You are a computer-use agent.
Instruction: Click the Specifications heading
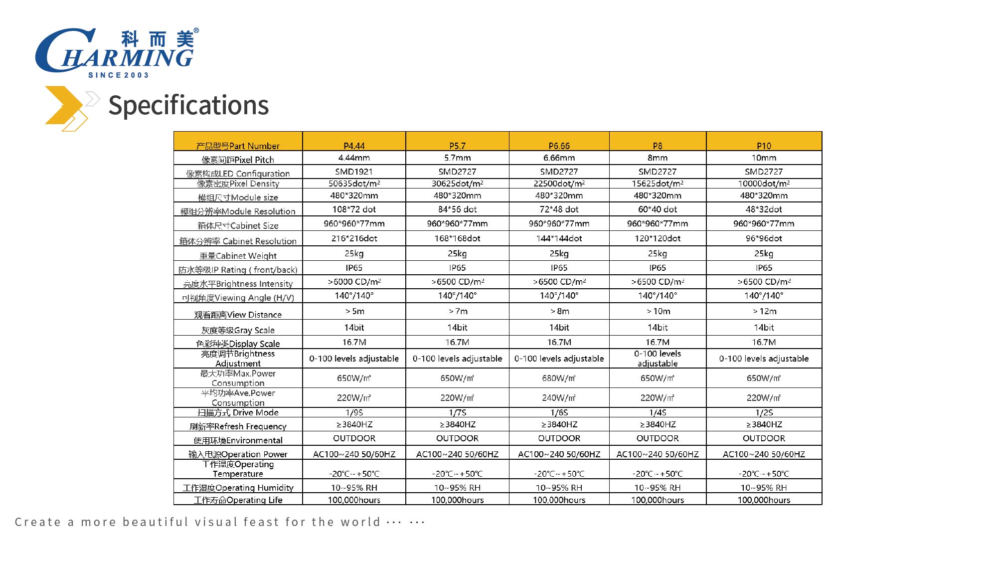(188, 105)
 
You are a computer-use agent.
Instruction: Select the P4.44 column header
(354, 146)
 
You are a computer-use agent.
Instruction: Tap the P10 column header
(764, 146)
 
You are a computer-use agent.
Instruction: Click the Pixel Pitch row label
(238, 160)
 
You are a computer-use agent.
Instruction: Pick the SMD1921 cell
(354, 172)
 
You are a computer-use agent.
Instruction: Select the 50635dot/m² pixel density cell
(354, 184)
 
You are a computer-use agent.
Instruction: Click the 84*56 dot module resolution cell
(457, 209)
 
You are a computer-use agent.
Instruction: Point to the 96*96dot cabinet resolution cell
(764, 238)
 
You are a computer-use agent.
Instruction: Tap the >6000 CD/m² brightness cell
(354, 282)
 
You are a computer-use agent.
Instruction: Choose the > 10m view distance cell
(658, 311)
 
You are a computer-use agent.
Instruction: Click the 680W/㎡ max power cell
(559, 378)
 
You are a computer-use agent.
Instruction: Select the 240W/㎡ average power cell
(559, 398)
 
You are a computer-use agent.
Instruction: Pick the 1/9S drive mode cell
(354, 412)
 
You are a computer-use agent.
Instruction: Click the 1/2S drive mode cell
(764, 412)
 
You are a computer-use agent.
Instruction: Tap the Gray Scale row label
(238, 330)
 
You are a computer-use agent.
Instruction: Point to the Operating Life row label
(238, 500)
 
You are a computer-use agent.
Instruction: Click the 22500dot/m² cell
(559, 184)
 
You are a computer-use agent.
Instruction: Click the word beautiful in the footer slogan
(156, 522)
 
